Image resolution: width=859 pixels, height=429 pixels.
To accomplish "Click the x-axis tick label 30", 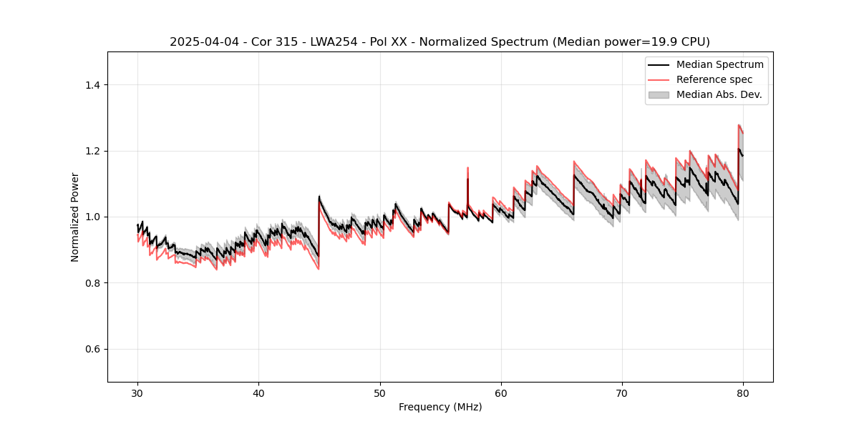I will [x=137, y=393].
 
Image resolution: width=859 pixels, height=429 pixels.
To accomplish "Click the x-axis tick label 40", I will [x=258, y=393].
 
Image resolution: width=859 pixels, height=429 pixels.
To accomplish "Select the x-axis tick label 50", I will [x=379, y=393].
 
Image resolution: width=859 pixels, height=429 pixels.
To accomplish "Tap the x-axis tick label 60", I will [x=500, y=393].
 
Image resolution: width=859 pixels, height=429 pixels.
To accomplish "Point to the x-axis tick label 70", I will [x=621, y=393].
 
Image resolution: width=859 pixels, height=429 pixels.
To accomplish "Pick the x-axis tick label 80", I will [x=742, y=393].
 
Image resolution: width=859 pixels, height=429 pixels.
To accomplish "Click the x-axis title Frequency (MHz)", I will [x=440, y=407].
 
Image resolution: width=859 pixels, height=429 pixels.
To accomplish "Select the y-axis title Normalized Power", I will [x=75, y=217].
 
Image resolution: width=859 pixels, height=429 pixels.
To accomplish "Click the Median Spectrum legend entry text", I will [x=719, y=64].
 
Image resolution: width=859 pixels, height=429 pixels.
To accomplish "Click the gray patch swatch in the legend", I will [x=659, y=94].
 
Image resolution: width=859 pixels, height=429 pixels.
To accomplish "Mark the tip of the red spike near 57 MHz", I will [x=467, y=168].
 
